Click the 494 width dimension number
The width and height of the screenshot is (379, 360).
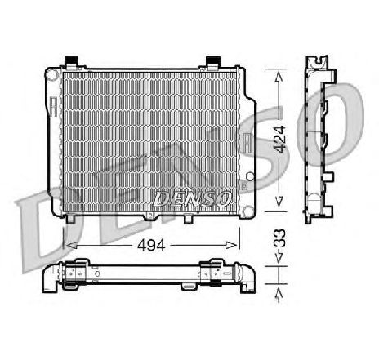[x=151, y=246]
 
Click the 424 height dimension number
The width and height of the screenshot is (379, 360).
[x=280, y=139]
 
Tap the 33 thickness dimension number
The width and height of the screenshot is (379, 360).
[x=279, y=238]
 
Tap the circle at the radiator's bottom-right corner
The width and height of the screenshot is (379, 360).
[x=248, y=211]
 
